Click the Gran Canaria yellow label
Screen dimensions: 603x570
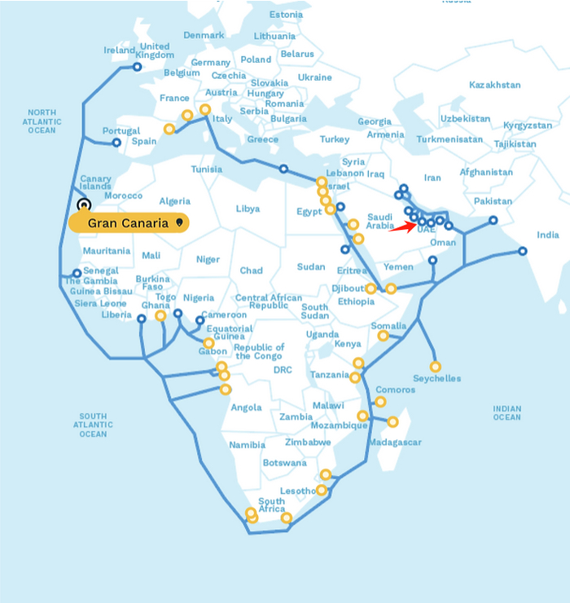point(129,222)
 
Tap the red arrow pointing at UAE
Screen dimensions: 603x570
point(400,227)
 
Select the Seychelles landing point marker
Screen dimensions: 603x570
point(435,367)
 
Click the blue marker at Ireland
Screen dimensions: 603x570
point(137,68)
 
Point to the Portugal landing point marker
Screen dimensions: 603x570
point(116,143)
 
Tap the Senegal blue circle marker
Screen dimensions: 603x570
point(77,274)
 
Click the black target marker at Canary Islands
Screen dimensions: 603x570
point(83,205)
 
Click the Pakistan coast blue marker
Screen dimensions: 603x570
point(493,220)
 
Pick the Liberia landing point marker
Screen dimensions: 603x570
point(141,319)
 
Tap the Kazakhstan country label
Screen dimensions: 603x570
point(494,85)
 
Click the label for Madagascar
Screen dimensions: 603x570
point(395,442)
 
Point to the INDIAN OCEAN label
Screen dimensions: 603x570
point(506,412)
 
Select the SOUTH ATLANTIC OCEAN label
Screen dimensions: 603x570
point(93,425)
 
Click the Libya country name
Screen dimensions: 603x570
point(248,209)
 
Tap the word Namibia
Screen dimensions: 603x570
point(247,445)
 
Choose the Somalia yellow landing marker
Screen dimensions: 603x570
point(383,336)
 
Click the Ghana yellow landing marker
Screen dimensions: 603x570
point(160,316)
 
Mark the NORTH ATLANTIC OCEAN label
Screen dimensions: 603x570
point(42,121)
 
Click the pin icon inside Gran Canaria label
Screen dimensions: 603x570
point(178,222)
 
